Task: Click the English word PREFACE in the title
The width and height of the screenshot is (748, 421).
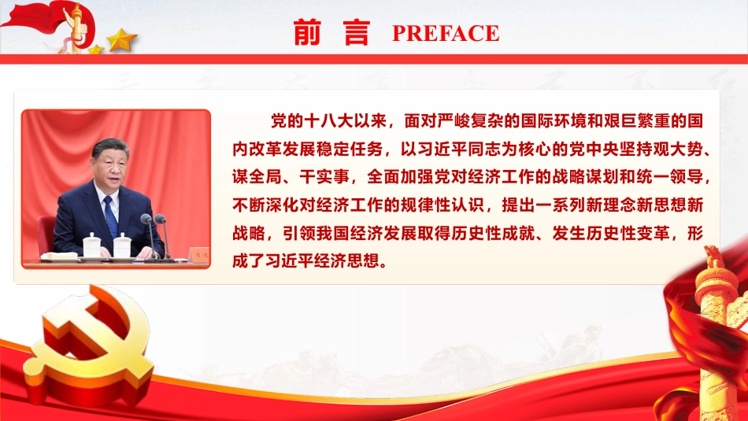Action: [x=446, y=33]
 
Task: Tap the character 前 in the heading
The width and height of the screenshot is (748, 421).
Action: [x=307, y=32]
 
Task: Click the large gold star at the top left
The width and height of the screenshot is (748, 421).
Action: [x=121, y=39]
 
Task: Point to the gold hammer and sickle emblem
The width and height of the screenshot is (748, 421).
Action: [x=88, y=345]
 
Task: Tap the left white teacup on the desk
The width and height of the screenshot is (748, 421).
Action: [x=92, y=245]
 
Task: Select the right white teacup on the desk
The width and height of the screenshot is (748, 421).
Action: [x=122, y=245]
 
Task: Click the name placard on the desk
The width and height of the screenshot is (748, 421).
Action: [x=198, y=254]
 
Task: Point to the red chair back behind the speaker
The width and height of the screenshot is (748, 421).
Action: [x=46, y=233]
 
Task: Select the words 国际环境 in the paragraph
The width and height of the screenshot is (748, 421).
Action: [x=553, y=121]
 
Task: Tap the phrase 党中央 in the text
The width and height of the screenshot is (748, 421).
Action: [x=594, y=150]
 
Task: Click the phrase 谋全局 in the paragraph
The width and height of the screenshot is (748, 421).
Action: [x=257, y=177]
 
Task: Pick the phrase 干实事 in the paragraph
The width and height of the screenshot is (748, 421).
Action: [x=324, y=177]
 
